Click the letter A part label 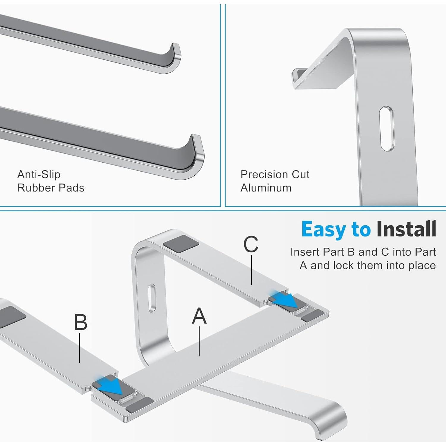199,316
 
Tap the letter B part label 81,322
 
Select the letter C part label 251,244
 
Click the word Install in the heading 406,230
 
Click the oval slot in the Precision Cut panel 387,128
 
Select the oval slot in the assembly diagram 152,298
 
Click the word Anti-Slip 39,174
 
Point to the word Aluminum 266,188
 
